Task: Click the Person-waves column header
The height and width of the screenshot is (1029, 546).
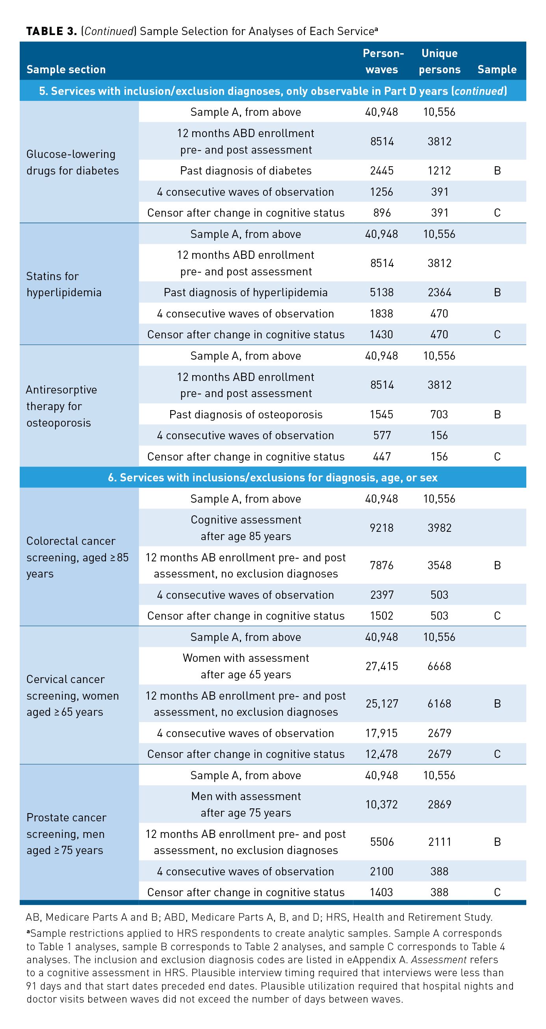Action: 382,61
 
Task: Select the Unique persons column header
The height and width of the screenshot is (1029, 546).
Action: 439,61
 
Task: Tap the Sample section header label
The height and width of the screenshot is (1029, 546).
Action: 66,69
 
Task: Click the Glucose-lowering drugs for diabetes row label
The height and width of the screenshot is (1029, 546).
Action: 72,162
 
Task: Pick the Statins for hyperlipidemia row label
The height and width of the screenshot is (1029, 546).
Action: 64,284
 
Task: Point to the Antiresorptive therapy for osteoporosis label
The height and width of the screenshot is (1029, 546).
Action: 61,406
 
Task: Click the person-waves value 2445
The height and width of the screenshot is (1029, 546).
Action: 382,171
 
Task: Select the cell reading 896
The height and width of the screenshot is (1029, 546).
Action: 382,212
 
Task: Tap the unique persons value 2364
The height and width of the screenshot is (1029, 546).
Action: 439,292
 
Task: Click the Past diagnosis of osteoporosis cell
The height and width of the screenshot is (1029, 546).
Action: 246,414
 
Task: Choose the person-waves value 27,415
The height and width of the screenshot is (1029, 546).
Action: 382,666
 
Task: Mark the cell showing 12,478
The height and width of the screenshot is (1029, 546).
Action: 382,754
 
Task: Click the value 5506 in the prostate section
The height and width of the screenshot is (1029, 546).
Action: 382,841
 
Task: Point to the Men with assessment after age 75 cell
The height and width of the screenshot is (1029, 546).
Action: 246,804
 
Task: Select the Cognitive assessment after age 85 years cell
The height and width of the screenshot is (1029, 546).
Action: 246,528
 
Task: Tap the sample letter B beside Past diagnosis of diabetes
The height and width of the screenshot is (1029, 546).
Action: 497,171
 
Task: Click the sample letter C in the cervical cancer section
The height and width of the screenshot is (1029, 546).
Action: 497,754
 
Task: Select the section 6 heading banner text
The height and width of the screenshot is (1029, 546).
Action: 273,477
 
